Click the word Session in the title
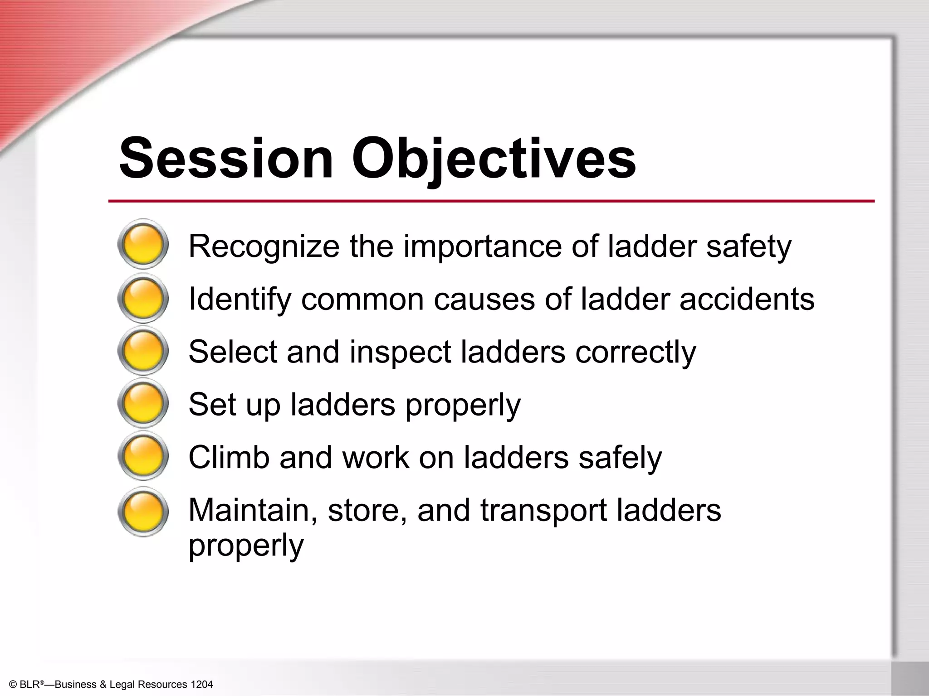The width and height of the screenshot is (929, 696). (225, 158)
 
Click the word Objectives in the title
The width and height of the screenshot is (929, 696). (494, 158)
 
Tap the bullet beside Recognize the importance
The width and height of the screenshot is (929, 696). (143, 244)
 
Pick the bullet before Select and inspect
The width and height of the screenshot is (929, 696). (143, 351)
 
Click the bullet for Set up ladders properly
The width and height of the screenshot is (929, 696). (143, 403)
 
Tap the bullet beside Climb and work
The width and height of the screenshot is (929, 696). (143, 456)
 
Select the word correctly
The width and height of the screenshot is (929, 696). (636, 352)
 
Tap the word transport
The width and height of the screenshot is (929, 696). (543, 511)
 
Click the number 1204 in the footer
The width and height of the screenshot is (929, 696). (201, 684)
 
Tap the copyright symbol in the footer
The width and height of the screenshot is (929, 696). (13, 685)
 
